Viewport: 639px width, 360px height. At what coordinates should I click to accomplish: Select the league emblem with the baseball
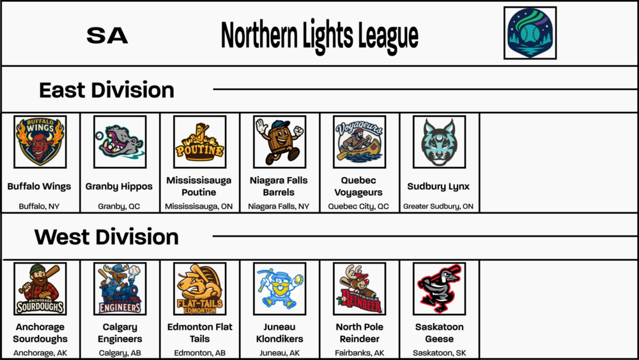(x=530, y=33)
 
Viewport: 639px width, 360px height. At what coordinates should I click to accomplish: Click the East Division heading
(x=107, y=90)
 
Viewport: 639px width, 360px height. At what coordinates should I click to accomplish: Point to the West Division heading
(x=107, y=237)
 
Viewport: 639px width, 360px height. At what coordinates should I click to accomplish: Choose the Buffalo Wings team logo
(x=40, y=141)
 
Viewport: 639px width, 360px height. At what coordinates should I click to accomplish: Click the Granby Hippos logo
(x=119, y=141)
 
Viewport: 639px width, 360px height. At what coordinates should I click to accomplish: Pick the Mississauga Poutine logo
(x=199, y=141)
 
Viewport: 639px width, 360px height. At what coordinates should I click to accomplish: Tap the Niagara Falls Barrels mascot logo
(x=279, y=141)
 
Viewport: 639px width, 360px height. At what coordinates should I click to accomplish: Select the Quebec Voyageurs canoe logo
(x=359, y=141)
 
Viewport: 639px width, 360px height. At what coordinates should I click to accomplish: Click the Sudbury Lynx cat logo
(x=439, y=141)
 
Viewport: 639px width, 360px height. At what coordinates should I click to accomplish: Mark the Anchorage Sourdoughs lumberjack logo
(x=40, y=288)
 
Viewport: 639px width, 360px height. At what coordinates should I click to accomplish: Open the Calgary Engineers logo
(x=119, y=288)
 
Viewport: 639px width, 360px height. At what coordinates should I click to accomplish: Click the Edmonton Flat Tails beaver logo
(x=199, y=288)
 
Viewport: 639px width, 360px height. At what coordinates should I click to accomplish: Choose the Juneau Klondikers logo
(x=279, y=288)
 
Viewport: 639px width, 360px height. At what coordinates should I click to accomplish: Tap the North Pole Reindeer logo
(x=359, y=288)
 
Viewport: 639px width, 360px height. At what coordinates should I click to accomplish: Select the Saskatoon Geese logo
(x=439, y=288)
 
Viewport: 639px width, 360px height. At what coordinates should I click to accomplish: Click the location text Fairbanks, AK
(x=359, y=353)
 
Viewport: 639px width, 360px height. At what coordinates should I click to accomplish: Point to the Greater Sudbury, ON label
(x=438, y=207)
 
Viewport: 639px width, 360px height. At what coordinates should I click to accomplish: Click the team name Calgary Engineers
(x=119, y=333)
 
